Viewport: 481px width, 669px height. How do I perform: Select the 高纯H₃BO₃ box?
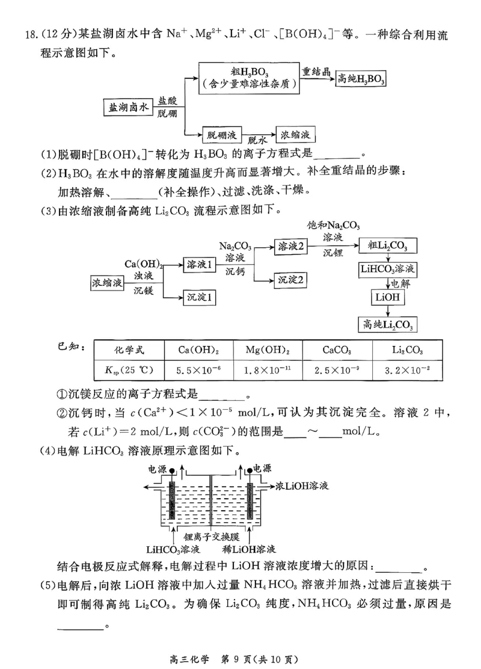[360, 79]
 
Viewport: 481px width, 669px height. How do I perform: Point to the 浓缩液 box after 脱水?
[295, 134]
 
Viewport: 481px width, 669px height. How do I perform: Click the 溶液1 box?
[200, 264]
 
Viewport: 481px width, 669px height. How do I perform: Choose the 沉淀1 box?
[200, 297]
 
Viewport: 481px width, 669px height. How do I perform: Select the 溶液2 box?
[290, 246]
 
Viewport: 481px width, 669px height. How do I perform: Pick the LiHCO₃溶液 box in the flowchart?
[388, 268]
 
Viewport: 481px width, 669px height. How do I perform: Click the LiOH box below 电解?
[388, 298]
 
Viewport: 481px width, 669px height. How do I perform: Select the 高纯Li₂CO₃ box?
[388, 325]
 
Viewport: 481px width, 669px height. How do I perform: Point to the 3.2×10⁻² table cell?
[407, 369]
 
